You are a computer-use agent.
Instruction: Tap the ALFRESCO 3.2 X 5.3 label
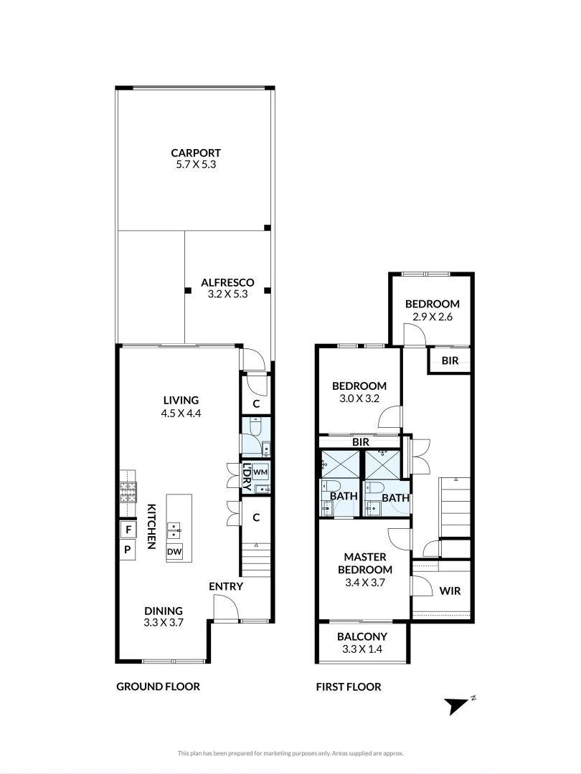coord(227,288)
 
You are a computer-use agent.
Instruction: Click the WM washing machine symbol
coord(260,473)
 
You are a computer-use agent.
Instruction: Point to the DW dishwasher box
coord(174,552)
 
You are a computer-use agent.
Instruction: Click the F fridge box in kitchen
coord(128,530)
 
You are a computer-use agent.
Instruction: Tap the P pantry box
coord(128,550)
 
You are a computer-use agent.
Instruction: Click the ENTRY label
coord(226,586)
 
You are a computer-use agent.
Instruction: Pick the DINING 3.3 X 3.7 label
coord(164,617)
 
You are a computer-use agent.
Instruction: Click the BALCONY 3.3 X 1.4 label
coord(362,642)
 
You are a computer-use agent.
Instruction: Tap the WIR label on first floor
coord(449,591)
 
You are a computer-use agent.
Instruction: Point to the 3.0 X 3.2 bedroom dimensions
coord(359,398)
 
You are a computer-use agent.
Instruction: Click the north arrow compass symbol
coord(457,705)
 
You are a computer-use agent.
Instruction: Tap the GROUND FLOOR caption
coord(158,687)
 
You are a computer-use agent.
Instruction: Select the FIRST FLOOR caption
coord(349,687)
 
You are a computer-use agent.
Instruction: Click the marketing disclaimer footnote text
coord(290,753)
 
